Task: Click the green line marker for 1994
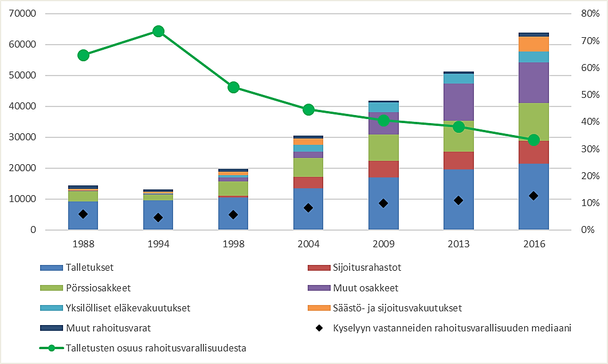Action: [x=158, y=31]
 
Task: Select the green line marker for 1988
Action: [x=83, y=56]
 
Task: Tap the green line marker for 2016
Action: [x=534, y=140]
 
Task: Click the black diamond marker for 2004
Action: [x=308, y=208]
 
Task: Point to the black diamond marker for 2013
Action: [x=458, y=200]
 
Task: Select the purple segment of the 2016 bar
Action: [x=534, y=82]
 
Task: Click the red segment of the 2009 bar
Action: [x=383, y=169]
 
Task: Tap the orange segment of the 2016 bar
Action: [x=534, y=44]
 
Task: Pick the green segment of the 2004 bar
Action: [x=308, y=167]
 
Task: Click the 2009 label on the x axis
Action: [x=383, y=244]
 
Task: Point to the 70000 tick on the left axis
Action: [x=22, y=14]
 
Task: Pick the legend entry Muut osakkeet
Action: [x=364, y=288]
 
